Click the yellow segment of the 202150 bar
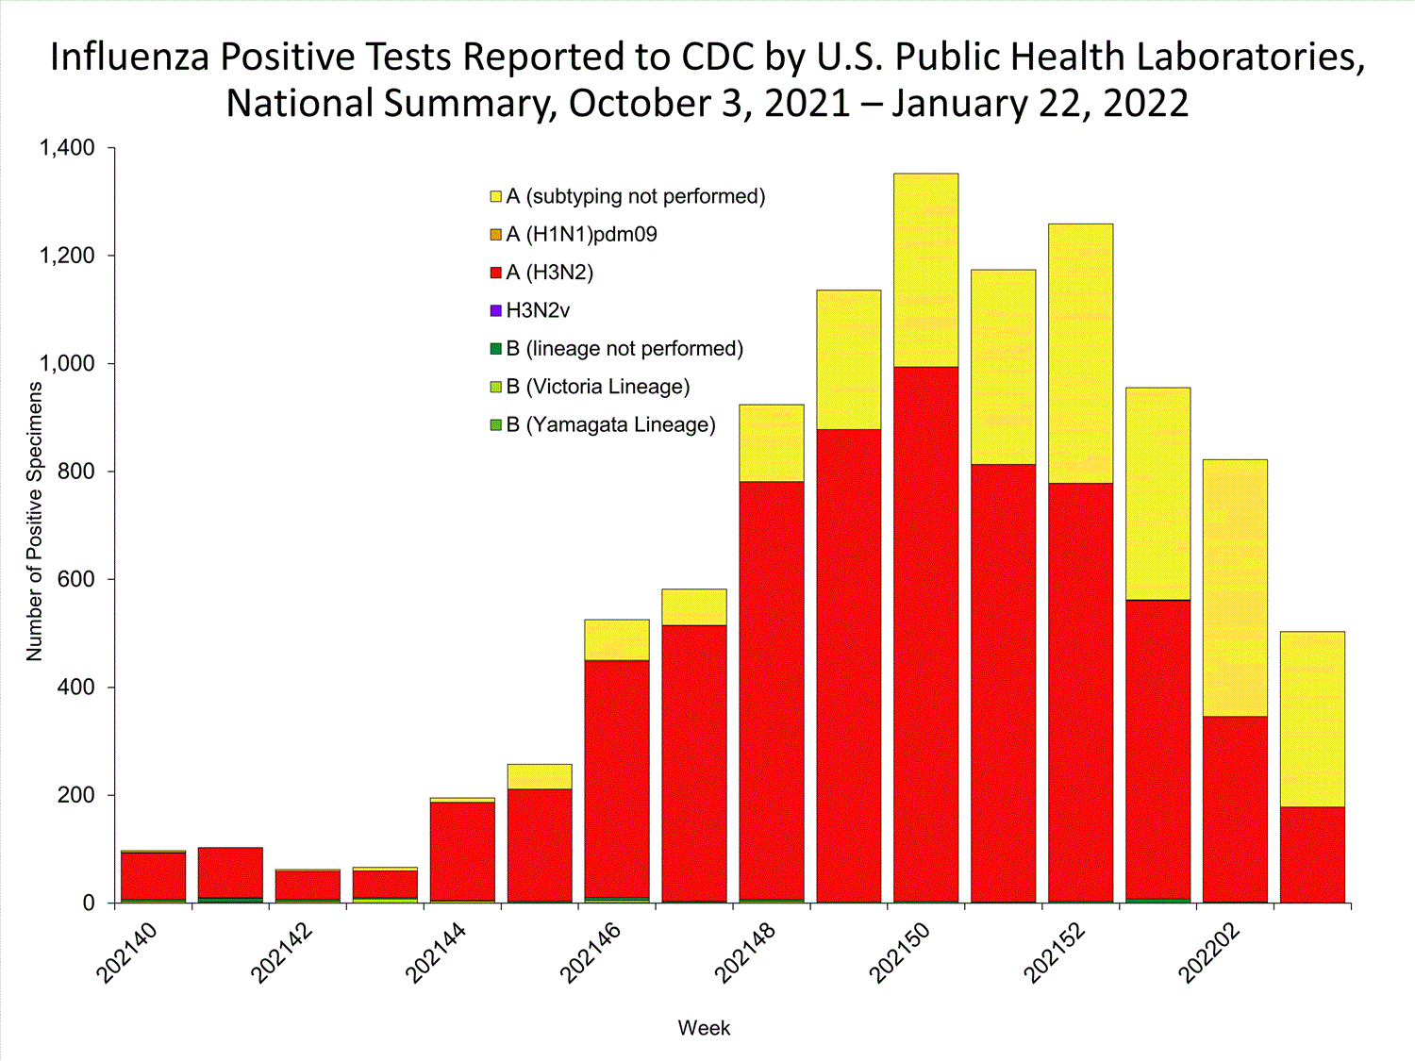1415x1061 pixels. tap(925, 270)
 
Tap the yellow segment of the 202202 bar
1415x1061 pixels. tap(1235, 588)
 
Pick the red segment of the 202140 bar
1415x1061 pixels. tap(153, 876)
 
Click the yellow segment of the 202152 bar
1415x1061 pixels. tap(1080, 354)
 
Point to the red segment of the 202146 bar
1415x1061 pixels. tap(617, 778)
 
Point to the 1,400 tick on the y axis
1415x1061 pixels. tap(67, 148)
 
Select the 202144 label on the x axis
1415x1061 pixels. tap(437, 953)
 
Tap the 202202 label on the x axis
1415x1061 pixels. tap(1210, 953)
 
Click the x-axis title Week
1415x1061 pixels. tap(704, 1028)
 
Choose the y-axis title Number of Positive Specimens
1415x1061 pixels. tap(35, 521)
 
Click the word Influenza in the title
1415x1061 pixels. tap(129, 58)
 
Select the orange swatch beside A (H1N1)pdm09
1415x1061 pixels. tap(496, 235)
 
